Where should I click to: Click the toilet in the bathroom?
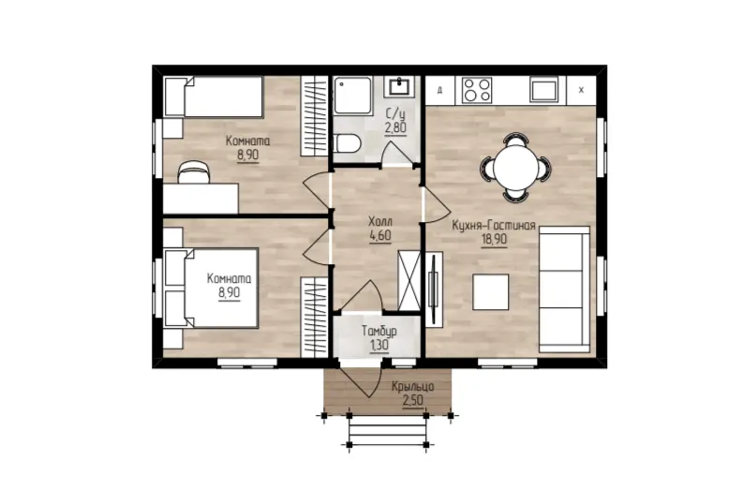[x=347, y=143]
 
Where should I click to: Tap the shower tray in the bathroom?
[x=353, y=96]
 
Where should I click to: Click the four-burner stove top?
[x=477, y=90]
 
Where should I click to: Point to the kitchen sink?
[x=544, y=90]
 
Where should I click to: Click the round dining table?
[x=515, y=168]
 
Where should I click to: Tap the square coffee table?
[x=490, y=291]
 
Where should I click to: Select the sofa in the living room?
[x=564, y=288]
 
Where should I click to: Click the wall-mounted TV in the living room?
[x=433, y=288]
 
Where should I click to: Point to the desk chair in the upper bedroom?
[x=193, y=172]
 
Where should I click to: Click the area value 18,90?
[x=494, y=240]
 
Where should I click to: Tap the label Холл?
[x=380, y=221]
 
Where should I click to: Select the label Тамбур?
[x=379, y=331]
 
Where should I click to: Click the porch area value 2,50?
[x=412, y=401]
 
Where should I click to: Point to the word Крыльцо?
[x=412, y=387]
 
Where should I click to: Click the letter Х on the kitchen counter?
[x=582, y=90]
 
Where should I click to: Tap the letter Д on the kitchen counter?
[x=439, y=90]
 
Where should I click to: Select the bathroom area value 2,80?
[x=395, y=128]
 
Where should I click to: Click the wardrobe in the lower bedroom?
[x=314, y=317]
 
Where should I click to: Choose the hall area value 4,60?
[x=380, y=235]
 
